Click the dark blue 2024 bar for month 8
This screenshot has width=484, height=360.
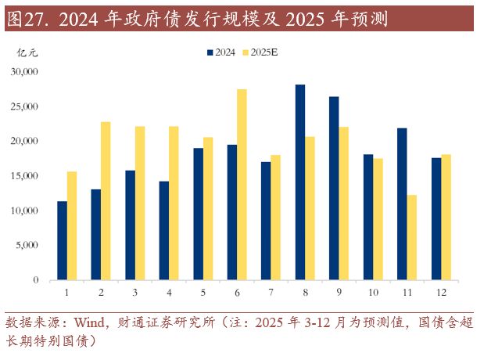tap(300, 182)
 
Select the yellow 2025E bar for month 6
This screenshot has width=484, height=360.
tap(242, 185)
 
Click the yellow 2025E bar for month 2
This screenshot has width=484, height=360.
tap(106, 201)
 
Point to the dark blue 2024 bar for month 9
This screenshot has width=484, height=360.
tap(334, 188)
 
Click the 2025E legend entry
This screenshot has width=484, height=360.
tap(259, 52)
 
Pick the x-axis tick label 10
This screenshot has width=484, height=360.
tap(373, 292)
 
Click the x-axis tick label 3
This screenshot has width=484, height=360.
tap(135, 292)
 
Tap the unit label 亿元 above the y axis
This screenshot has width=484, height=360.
tap(27, 52)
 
